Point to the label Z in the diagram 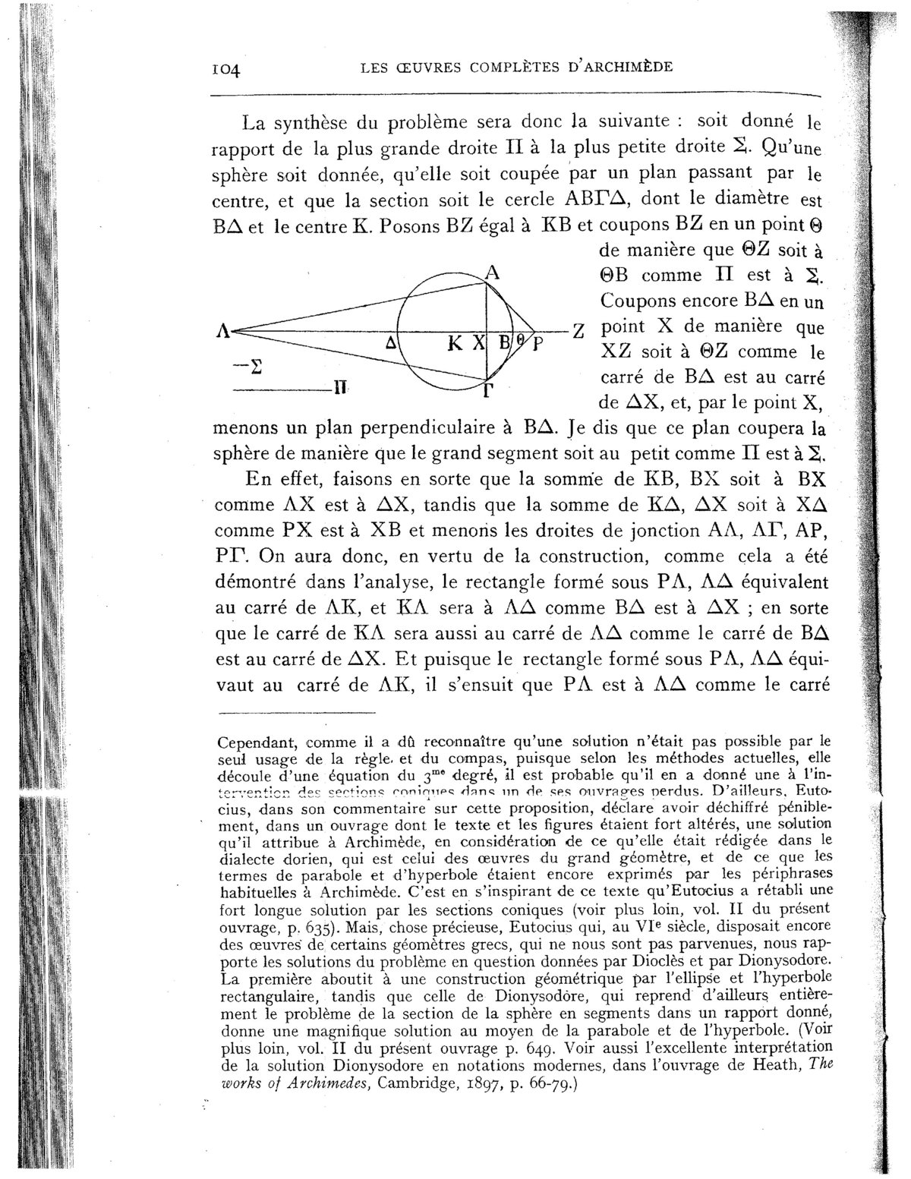tap(578, 333)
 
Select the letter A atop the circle tap(492, 275)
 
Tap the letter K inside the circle tap(455, 343)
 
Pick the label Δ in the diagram tap(391, 343)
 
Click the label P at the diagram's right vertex tap(537, 344)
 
